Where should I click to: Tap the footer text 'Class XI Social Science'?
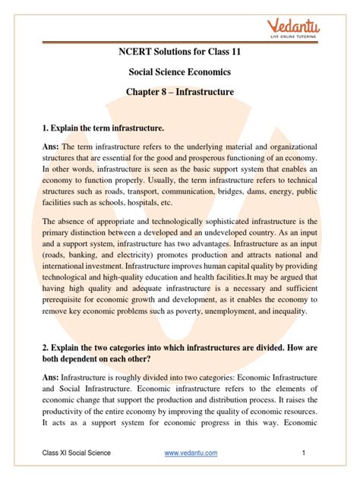click(x=76, y=453)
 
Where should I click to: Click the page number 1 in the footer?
click(x=302, y=453)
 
